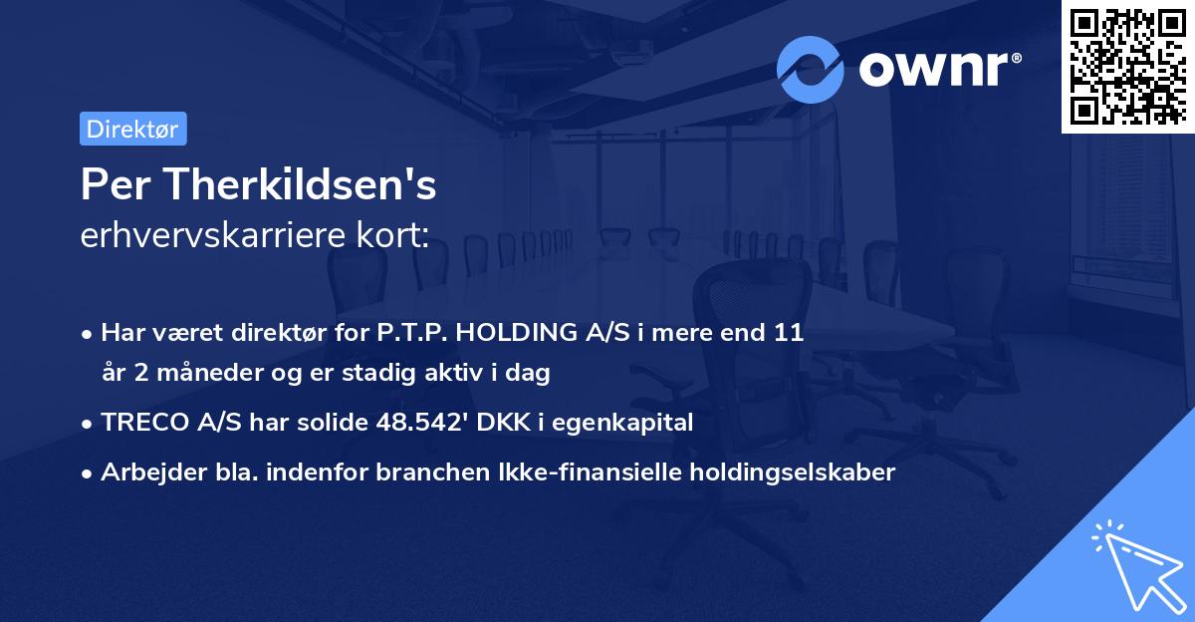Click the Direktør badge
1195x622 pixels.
[132, 129]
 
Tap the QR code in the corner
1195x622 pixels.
[1127, 66]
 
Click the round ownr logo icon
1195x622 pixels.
[811, 69]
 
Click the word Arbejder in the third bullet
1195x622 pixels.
[147, 472]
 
